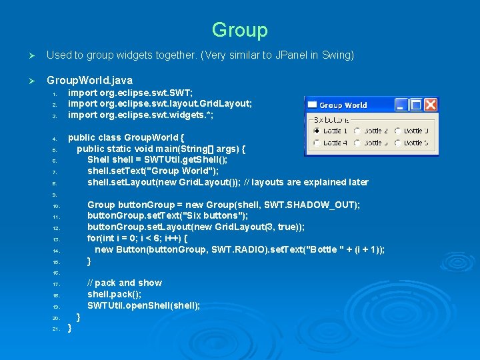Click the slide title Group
click(239, 30)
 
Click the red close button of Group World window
click(431, 105)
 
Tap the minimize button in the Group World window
click(400, 105)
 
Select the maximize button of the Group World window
click(415, 105)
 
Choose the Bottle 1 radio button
click(315, 131)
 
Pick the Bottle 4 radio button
click(315, 143)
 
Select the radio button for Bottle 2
click(357, 131)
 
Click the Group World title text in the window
click(343, 105)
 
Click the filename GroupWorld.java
click(89, 80)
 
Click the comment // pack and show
click(124, 283)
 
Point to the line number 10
click(57, 206)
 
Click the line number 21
click(57, 329)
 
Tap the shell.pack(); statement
click(114, 294)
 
